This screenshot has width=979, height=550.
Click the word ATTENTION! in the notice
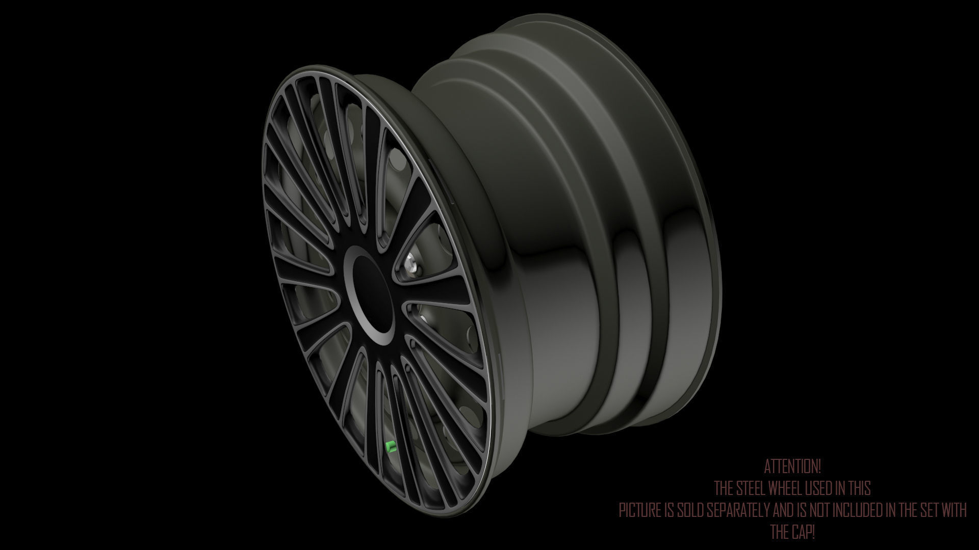coord(792,466)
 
